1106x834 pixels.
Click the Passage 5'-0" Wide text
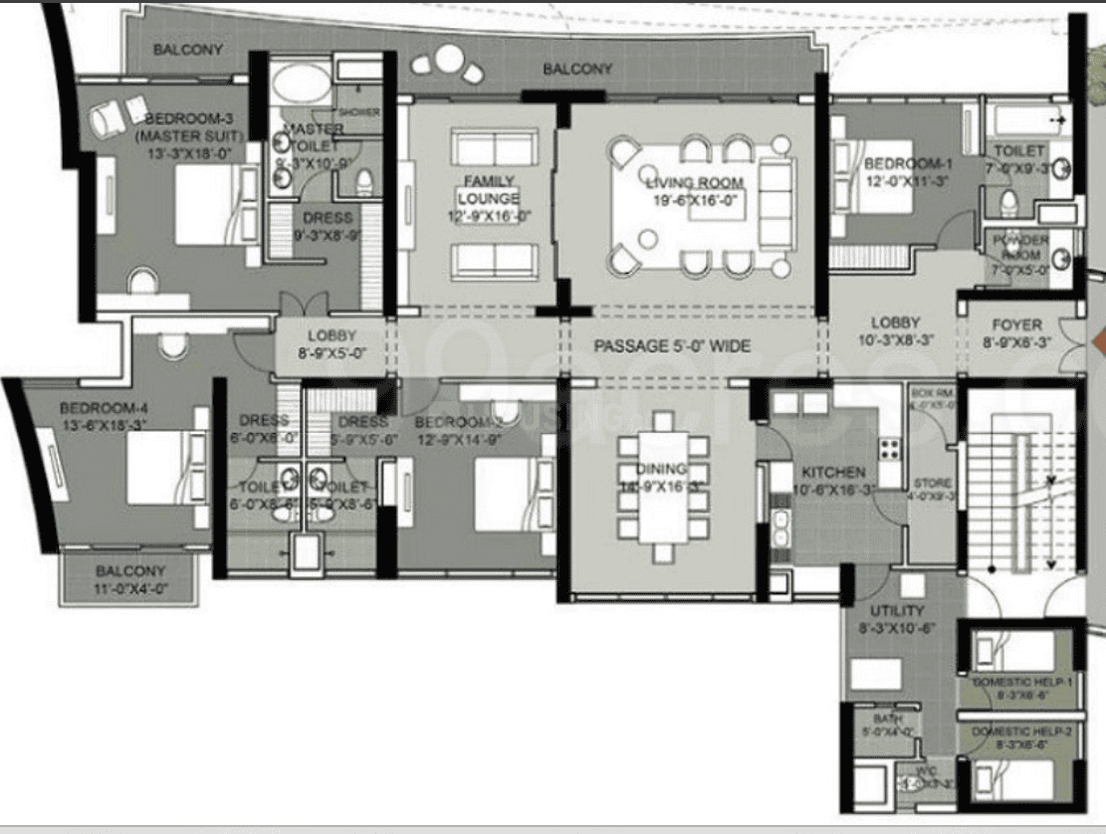[671, 346]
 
